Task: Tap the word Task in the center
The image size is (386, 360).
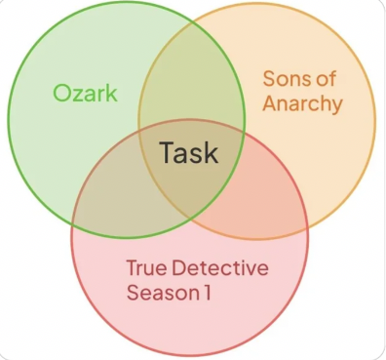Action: click(188, 153)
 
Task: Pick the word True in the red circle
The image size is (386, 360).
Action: click(147, 267)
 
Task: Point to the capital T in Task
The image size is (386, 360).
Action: click(166, 153)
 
